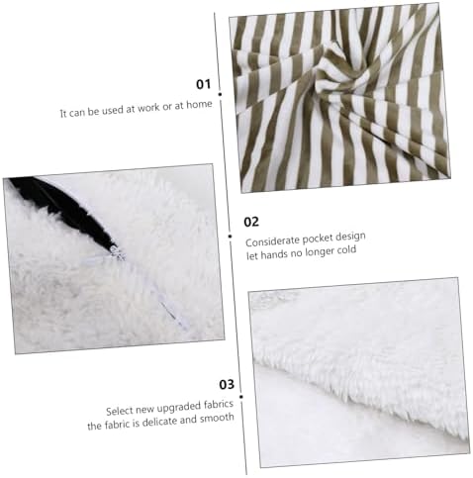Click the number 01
[x=203, y=84]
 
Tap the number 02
[x=251, y=222]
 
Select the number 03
[x=227, y=384]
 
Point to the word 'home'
[x=199, y=105]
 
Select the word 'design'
[x=350, y=237]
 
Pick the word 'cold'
[x=346, y=250]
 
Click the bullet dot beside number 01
[x=220, y=94]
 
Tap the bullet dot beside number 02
[x=230, y=237]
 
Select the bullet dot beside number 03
[x=241, y=397]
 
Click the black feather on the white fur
[x=66, y=211]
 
